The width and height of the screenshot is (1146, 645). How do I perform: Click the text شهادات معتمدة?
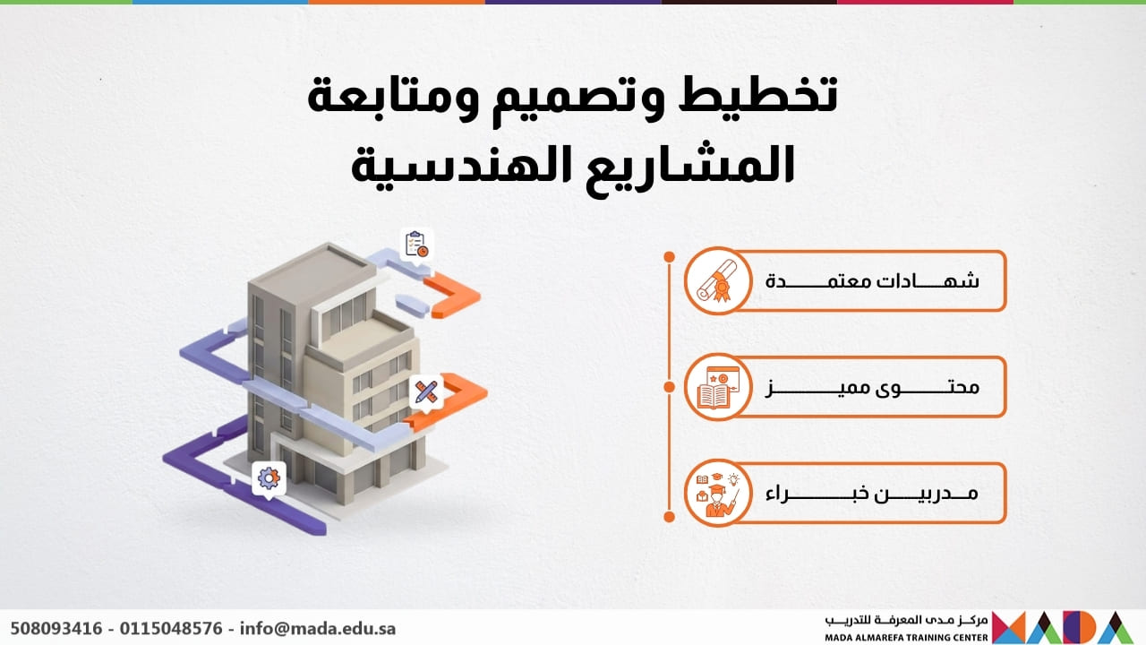pyautogui.click(x=872, y=280)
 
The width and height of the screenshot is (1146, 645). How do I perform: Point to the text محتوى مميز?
pyautogui.click(x=872, y=388)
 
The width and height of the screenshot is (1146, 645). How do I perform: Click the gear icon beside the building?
pyautogui.click(x=269, y=477)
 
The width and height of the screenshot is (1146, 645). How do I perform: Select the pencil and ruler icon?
pyautogui.click(x=426, y=391)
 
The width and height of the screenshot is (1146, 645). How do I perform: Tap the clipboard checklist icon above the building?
pyautogui.click(x=416, y=244)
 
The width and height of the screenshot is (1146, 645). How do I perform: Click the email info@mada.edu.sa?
pyautogui.click(x=317, y=628)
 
